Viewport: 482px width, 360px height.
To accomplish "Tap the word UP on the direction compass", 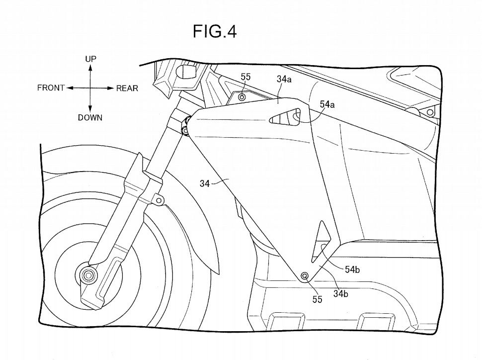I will coord(90,59).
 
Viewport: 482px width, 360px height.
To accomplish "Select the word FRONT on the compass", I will coord(51,89).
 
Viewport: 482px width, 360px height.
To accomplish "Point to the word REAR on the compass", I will coord(127,89).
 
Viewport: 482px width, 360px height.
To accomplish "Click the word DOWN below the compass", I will coord(90,118).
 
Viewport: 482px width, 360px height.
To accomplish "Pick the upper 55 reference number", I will coord(245,77).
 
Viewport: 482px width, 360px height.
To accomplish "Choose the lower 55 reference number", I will coord(317,299).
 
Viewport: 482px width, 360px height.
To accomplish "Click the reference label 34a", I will coord(284,79).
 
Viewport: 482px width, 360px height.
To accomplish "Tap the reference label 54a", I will coord(327,104).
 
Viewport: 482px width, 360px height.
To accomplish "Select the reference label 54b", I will coord(352,269).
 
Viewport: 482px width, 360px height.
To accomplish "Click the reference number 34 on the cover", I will coord(205,183).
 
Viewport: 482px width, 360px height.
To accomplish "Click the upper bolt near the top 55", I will coord(242,97).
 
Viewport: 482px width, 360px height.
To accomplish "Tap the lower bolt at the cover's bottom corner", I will coord(305,276).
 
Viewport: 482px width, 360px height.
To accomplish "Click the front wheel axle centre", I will coord(89,275).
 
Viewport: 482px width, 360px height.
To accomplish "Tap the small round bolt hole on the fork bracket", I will coord(159,200).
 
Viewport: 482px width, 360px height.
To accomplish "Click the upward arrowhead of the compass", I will coord(90,68).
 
